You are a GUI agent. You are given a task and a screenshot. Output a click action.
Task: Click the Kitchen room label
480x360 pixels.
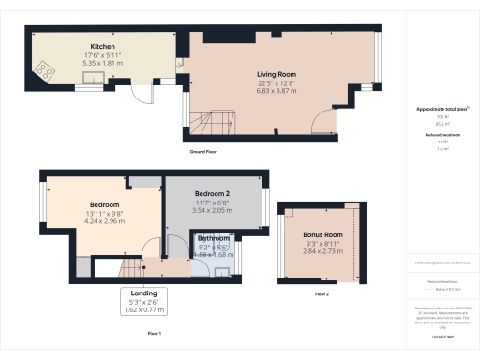pos(102,46)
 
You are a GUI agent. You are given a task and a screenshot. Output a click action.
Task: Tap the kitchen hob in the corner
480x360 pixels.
pos(44,69)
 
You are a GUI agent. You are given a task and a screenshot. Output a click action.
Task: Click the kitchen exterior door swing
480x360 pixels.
pos(141,92)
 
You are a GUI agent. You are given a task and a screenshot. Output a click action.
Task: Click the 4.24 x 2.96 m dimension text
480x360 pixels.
pos(105,221)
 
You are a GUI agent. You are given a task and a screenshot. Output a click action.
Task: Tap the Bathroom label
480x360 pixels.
pos(214,239)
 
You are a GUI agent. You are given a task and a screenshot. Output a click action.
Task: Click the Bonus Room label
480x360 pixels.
pos(322,235)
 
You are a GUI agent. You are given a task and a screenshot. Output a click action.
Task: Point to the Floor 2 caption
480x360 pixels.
pos(322,294)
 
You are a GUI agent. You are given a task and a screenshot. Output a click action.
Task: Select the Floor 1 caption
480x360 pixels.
pos(155,334)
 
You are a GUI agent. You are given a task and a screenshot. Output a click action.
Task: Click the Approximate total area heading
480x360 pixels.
pos(442,109)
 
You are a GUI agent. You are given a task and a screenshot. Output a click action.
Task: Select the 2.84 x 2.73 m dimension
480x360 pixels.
pos(322,251)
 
